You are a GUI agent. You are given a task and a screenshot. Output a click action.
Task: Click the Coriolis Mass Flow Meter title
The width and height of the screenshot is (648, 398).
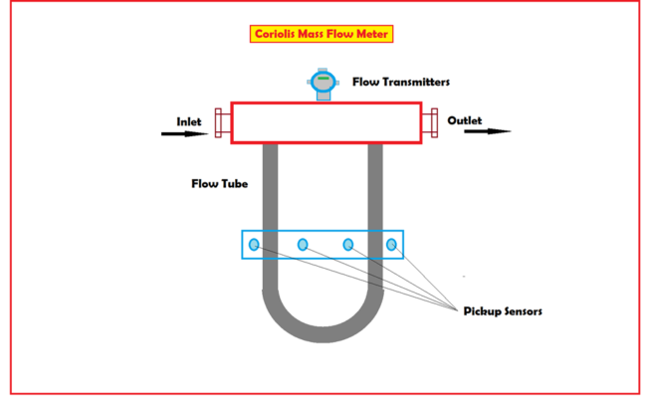tap(322, 34)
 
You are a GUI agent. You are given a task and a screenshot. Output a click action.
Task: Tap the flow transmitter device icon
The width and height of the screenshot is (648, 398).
tap(321, 84)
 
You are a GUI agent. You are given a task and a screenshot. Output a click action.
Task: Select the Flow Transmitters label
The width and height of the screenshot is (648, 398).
tap(401, 82)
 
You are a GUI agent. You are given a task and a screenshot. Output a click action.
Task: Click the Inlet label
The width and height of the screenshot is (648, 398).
tap(189, 121)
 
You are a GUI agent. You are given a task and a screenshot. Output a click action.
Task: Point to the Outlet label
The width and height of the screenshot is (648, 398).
tap(464, 120)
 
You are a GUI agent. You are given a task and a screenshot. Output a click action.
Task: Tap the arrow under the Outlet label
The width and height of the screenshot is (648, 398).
tap(488, 130)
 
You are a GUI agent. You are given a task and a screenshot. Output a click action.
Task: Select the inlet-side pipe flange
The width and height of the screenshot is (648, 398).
tap(218, 122)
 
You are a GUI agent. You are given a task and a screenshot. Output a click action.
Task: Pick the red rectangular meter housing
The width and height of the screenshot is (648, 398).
tap(324, 122)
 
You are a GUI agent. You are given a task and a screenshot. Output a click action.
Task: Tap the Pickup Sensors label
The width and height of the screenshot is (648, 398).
tap(503, 310)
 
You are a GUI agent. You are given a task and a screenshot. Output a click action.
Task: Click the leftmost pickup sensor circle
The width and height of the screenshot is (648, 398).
tap(254, 244)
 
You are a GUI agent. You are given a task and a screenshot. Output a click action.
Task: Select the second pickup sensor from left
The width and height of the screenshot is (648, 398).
tap(303, 244)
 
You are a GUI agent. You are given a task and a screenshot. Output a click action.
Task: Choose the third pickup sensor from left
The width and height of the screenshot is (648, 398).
tap(348, 244)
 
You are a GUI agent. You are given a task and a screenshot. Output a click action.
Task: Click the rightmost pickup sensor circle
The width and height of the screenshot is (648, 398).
tap(392, 244)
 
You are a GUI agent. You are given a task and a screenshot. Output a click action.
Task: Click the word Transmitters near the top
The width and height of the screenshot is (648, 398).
tap(418, 82)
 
